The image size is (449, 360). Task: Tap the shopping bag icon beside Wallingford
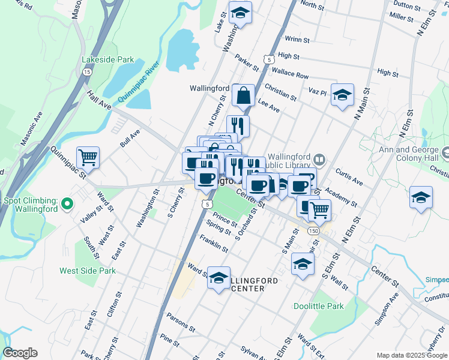click(x=244, y=95)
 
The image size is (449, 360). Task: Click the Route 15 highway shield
click(x=88, y=71)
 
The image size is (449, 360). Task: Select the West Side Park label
click(x=88, y=271)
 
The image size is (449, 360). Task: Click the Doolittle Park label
click(x=319, y=306)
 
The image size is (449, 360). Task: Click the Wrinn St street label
click(x=298, y=40)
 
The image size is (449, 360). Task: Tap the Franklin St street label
click(x=214, y=245)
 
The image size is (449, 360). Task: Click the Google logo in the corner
click(x=20, y=353)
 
